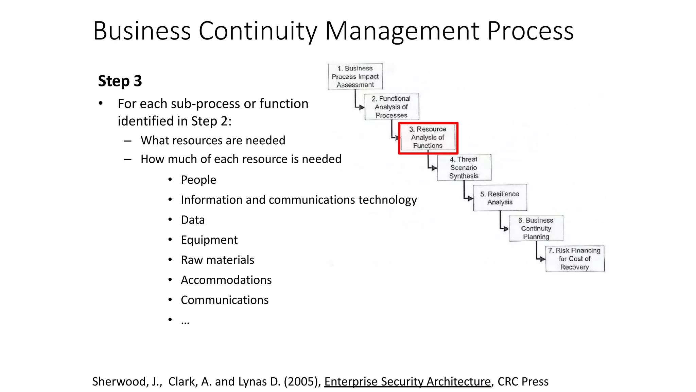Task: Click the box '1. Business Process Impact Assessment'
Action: click(x=355, y=77)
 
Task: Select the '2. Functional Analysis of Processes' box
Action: click(x=391, y=107)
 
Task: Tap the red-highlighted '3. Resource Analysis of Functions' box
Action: click(x=428, y=137)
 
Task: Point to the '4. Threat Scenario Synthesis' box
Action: click(x=464, y=167)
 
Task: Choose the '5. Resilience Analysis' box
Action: click(x=500, y=198)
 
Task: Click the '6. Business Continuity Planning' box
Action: click(x=536, y=228)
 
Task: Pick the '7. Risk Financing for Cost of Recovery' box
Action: click(x=575, y=259)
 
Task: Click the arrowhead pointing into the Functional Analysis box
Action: click(x=362, y=107)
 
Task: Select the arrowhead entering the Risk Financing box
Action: click(x=543, y=259)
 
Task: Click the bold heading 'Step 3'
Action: click(x=120, y=81)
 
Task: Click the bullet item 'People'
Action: click(x=198, y=180)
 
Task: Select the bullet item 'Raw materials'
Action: click(x=217, y=260)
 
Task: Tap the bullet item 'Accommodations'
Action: click(x=226, y=280)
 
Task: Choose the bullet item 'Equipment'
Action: click(x=209, y=240)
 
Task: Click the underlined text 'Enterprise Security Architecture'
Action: click(x=407, y=382)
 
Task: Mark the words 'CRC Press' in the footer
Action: click(x=523, y=382)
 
